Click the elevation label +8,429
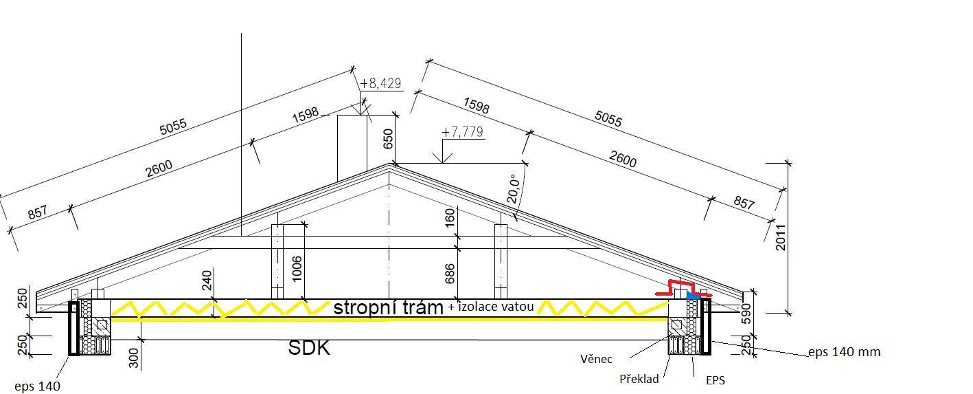(x=380, y=83)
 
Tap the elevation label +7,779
(x=462, y=132)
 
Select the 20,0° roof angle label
(x=514, y=189)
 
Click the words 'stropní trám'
(x=389, y=307)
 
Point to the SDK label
(x=309, y=348)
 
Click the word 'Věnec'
(x=597, y=359)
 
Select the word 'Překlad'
(x=639, y=379)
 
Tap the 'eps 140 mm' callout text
(x=845, y=352)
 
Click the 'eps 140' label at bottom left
(x=37, y=386)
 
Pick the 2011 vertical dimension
(x=781, y=237)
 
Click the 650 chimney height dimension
(x=388, y=139)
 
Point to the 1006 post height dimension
(x=297, y=269)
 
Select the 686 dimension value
(x=450, y=274)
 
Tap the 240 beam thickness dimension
(x=207, y=281)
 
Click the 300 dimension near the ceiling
(x=134, y=358)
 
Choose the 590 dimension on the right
(x=746, y=314)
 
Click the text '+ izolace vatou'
(x=491, y=307)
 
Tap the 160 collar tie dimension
(x=450, y=217)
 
